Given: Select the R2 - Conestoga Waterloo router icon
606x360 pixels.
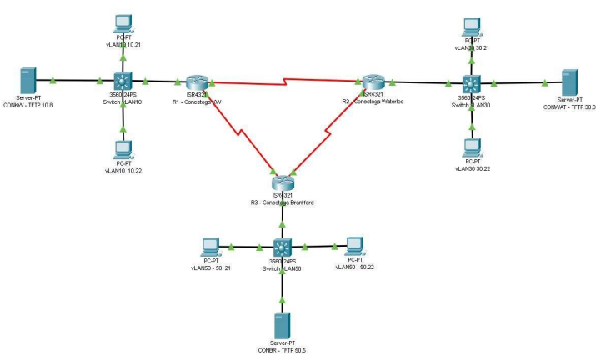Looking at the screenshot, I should [x=372, y=81].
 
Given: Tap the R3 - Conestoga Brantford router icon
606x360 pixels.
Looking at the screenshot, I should [x=283, y=182].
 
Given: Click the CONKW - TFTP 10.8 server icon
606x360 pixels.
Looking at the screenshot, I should [x=27, y=82].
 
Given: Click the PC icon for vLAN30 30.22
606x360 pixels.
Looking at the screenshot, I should [x=473, y=146].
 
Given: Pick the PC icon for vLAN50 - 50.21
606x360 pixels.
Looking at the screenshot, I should [x=211, y=247].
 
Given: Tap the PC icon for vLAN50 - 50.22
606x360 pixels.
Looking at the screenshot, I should [x=354, y=246].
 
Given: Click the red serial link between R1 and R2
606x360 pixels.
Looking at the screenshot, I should [x=283, y=82].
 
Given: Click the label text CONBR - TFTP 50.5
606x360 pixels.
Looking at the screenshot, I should [x=283, y=348].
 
